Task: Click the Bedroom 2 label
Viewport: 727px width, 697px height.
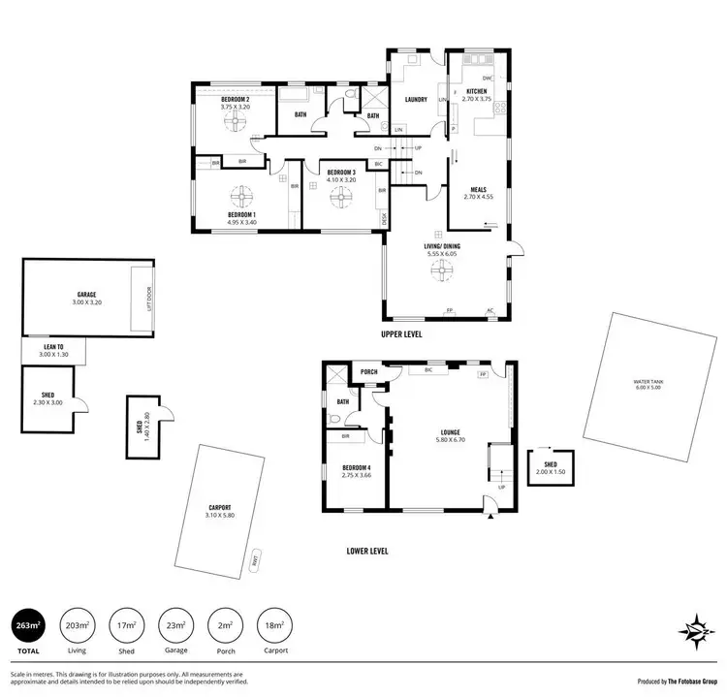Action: (x=236, y=99)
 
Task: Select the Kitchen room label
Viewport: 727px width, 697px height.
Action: (x=482, y=91)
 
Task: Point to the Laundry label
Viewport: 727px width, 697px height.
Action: (x=417, y=99)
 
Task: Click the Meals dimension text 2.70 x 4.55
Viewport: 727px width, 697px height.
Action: (x=479, y=198)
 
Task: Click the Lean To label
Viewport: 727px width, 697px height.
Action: (x=54, y=347)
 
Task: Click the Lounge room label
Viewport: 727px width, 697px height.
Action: (x=449, y=432)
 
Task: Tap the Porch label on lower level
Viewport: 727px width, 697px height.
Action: (x=368, y=372)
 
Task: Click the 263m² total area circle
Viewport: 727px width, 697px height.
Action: (x=27, y=625)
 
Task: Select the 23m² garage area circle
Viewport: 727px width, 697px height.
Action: (x=174, y=625)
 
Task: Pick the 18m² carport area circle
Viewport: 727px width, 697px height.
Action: (x=273, y=625)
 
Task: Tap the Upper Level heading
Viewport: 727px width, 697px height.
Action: (x=401, y=333)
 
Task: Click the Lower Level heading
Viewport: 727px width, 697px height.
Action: (x=367, y=551)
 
